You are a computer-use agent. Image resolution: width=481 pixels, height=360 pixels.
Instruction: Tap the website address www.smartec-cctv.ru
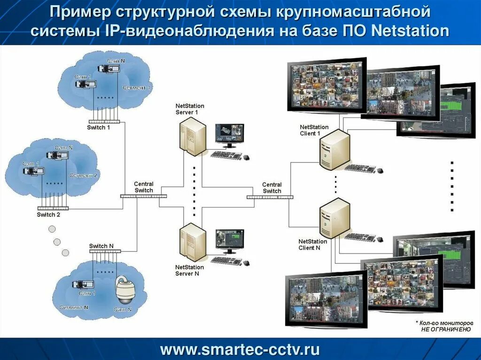point(240,350)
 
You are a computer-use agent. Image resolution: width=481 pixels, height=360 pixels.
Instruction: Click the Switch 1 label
point(99,128)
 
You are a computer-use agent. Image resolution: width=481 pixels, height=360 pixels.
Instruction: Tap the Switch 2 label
point(49,214)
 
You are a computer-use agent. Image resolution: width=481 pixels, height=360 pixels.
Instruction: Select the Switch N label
point(101,246)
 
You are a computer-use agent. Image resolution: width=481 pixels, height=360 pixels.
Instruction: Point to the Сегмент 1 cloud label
point(137,88)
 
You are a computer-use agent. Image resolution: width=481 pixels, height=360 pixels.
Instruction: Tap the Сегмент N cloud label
point(74,307)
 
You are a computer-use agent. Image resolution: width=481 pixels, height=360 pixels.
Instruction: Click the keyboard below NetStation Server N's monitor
point(226,260)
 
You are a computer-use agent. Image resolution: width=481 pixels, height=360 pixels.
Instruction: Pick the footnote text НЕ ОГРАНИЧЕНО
point(446,329)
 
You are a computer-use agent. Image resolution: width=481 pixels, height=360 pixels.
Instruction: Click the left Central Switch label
point(144,187)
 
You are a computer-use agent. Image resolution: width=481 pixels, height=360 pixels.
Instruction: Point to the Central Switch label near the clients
point(272,188)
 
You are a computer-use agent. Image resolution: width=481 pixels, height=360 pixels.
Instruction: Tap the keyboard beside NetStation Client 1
point(361,168)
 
